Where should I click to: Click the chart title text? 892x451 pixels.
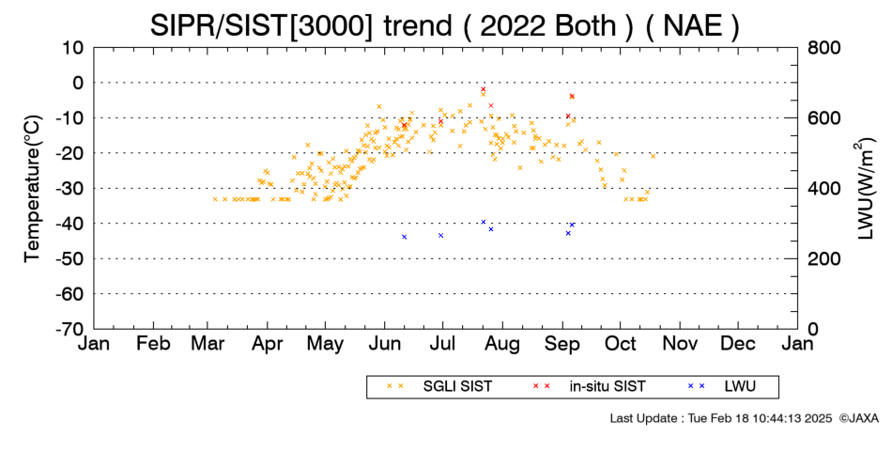coord(444,25)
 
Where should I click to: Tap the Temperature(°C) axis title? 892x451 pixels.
coord(33,189)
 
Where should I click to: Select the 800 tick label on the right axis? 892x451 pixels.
coord(824,48)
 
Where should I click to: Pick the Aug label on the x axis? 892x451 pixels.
coord(502,344)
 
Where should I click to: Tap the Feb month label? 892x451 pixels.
coord(153,343)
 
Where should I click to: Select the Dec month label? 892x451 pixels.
coord(738,343)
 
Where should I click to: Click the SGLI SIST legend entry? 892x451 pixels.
coord(439,387)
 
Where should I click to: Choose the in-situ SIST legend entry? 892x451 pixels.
coord(589,387)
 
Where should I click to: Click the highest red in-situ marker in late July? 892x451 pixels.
coord(483,89)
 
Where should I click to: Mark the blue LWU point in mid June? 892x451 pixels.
coord(405,237)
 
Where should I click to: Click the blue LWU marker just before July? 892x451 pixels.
coord(441,236)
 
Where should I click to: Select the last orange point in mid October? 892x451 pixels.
coord(654,156)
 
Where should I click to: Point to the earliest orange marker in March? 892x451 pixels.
coord(215,199)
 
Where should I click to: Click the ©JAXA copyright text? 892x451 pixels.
coord(858,418)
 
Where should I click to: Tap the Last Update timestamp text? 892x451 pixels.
coord(721,418)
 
